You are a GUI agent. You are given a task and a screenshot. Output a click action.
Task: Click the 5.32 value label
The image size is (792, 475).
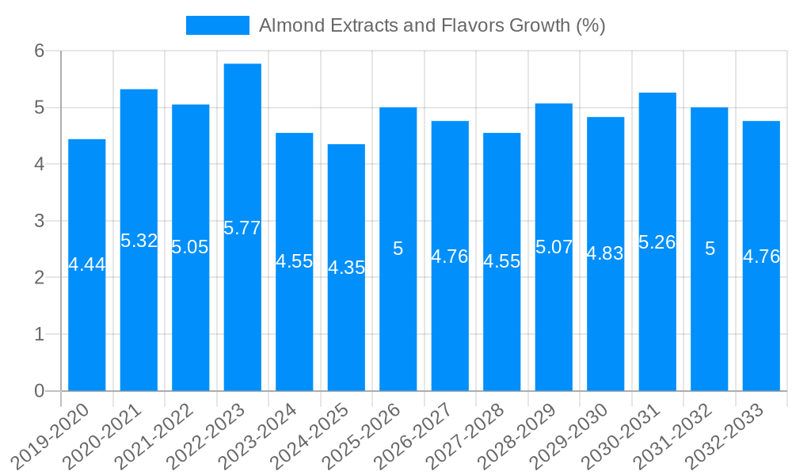point(139,241)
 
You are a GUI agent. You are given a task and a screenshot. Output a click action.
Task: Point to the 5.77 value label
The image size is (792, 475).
point(242,229)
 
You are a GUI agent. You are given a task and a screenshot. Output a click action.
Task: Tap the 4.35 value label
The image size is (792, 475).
point(346,268)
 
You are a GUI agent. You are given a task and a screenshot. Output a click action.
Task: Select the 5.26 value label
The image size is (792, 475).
point(657,242)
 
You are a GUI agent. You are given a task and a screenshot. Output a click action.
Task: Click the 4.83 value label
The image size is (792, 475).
point(605,254)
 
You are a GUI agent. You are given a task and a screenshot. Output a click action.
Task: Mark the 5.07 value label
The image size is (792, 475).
point(554,247)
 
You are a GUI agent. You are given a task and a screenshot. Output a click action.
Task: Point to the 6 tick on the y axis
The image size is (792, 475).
point(39,51)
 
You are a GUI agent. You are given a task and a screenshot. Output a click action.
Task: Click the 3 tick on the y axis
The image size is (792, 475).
point(39,221)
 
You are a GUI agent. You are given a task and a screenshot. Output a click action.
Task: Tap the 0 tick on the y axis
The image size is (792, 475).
point(39,391)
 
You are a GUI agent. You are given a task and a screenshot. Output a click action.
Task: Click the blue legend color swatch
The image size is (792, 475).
point(217,25)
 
